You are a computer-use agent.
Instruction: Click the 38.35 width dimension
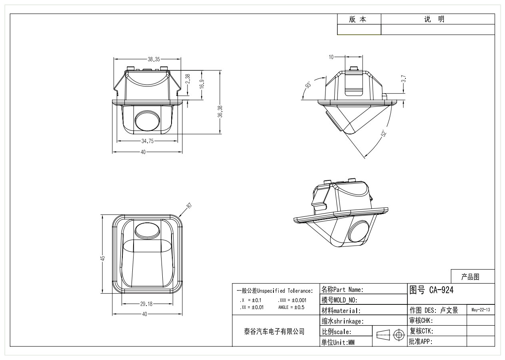coord(154,59)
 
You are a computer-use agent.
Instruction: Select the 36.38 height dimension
coord(220,112)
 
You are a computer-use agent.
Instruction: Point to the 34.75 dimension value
coord(147,141)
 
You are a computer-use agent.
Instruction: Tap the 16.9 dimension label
coord(202,84)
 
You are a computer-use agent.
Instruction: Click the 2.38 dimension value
coord(188,78)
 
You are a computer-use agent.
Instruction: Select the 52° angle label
coord(384,133)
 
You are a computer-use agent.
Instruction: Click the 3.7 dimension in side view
coord(404,79)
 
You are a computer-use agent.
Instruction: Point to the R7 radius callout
coord(189,206)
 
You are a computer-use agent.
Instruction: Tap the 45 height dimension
coord(103,258)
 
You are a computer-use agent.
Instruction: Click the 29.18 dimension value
coord(146,304)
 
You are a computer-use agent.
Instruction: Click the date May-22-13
coord(481,310)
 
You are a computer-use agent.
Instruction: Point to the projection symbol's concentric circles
coord(398,334)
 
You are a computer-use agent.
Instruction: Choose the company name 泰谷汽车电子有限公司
coord(274,331)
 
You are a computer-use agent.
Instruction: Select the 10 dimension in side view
coord(331,57)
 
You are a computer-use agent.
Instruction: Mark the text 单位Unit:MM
coord(338,342)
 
